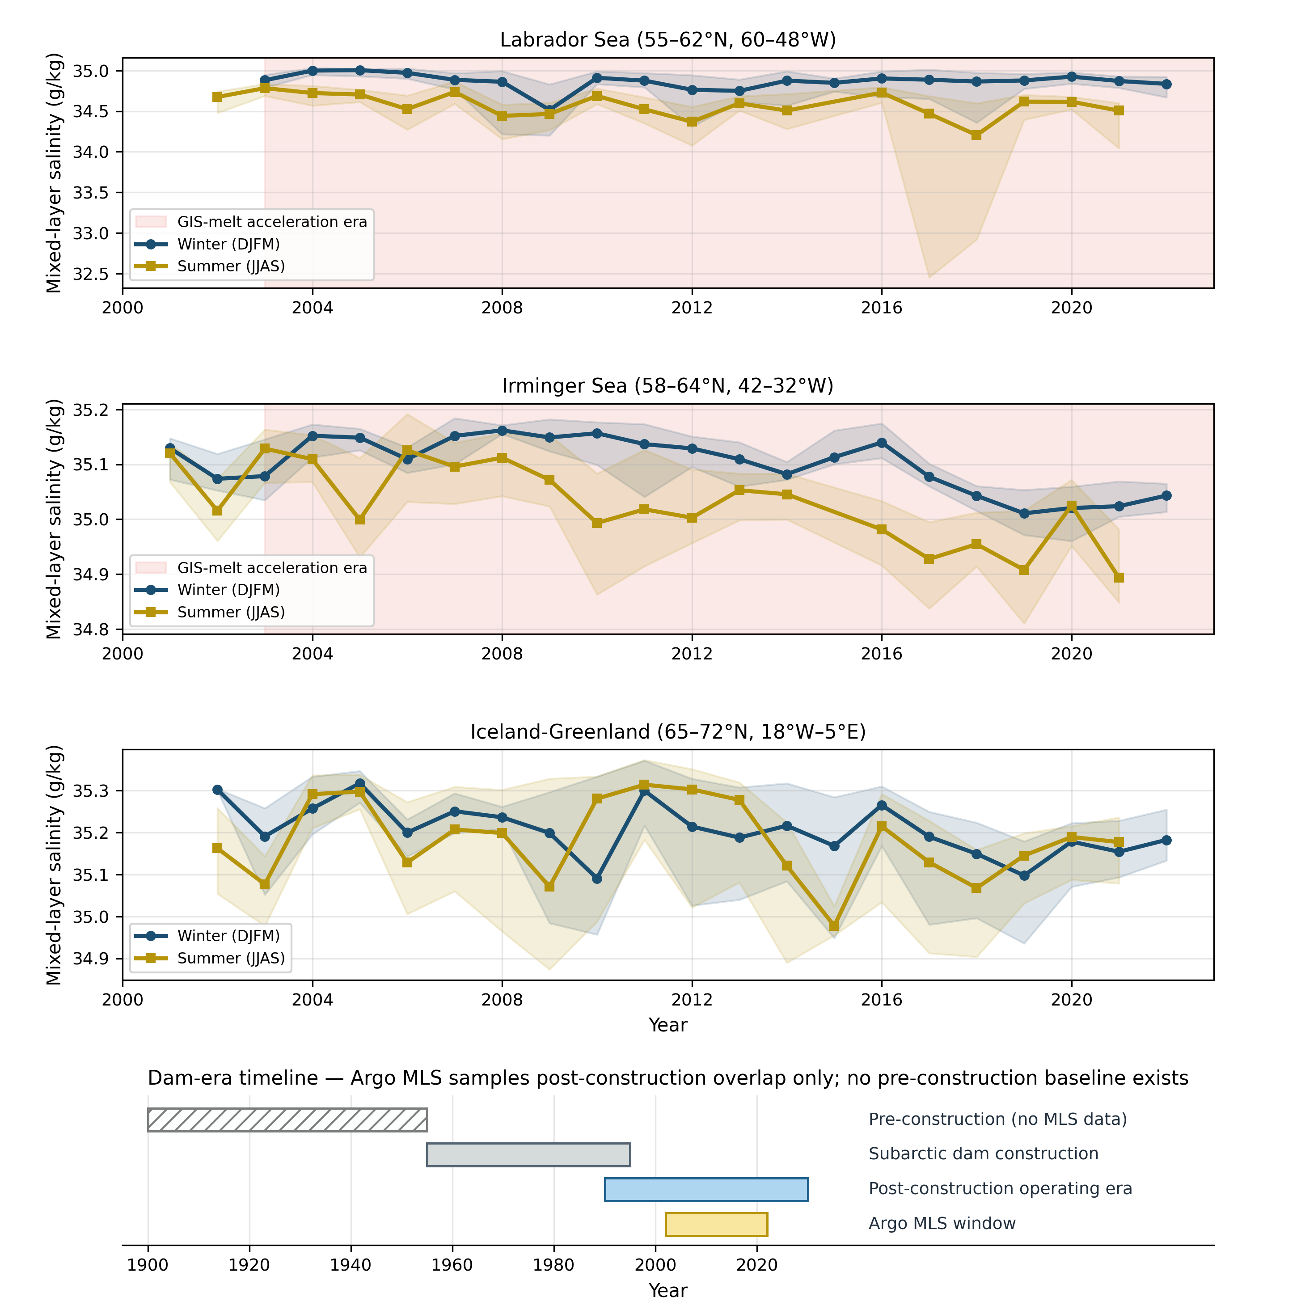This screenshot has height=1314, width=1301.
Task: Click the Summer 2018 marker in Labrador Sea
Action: [x=976, y=135]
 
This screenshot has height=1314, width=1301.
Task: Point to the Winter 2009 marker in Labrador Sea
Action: [x=549, y=110]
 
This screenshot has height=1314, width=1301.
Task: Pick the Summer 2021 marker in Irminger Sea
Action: [x=1119, y=578]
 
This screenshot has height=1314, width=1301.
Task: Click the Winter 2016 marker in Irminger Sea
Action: [x=881, y=443]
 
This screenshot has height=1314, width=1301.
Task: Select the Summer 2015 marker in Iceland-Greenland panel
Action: [x=834, y=926]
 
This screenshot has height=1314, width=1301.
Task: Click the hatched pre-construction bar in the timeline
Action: [x=287, y=1120]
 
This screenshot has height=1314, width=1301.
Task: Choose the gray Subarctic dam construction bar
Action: [x=528, y=1155]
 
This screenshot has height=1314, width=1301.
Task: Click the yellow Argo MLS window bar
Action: [x=716, y=1224]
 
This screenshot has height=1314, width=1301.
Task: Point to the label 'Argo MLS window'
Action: [x=942, y=1224]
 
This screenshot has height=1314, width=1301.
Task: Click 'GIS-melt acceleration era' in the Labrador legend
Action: [x=272, y=222]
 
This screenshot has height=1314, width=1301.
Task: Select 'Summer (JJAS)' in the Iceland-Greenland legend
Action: [x=231, y=958]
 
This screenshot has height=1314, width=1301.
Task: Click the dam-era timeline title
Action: [x=668, y=1078]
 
